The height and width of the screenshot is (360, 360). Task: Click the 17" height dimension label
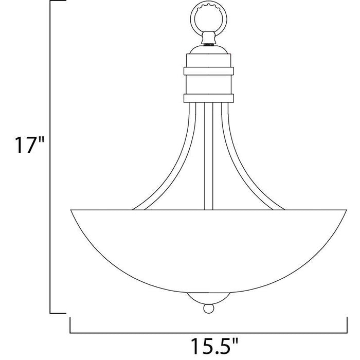point(29,145)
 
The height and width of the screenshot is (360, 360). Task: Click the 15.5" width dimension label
point(214,346)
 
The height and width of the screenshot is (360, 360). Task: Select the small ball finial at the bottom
point(208,309)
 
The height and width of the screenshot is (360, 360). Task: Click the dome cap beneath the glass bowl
point(208,298)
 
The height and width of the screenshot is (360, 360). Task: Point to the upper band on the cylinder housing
point(208,71)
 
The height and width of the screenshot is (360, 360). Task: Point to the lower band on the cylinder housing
point(208,98)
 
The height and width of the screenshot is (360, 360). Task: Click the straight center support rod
point(208,156)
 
